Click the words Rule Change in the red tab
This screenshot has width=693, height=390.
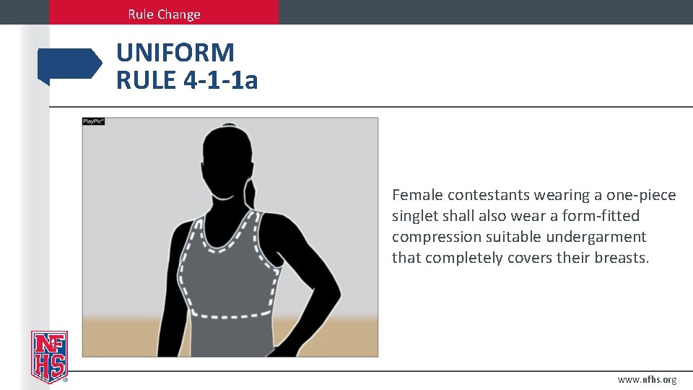(164, 14)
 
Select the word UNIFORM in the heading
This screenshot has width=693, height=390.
(175, 53)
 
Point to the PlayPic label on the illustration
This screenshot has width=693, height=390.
(94, 121)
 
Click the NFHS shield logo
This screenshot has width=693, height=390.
(49, 356)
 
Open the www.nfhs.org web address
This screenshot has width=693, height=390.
(647, 380)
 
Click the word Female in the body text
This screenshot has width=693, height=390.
(417, 195)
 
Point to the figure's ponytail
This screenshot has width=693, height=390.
(253, 195)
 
